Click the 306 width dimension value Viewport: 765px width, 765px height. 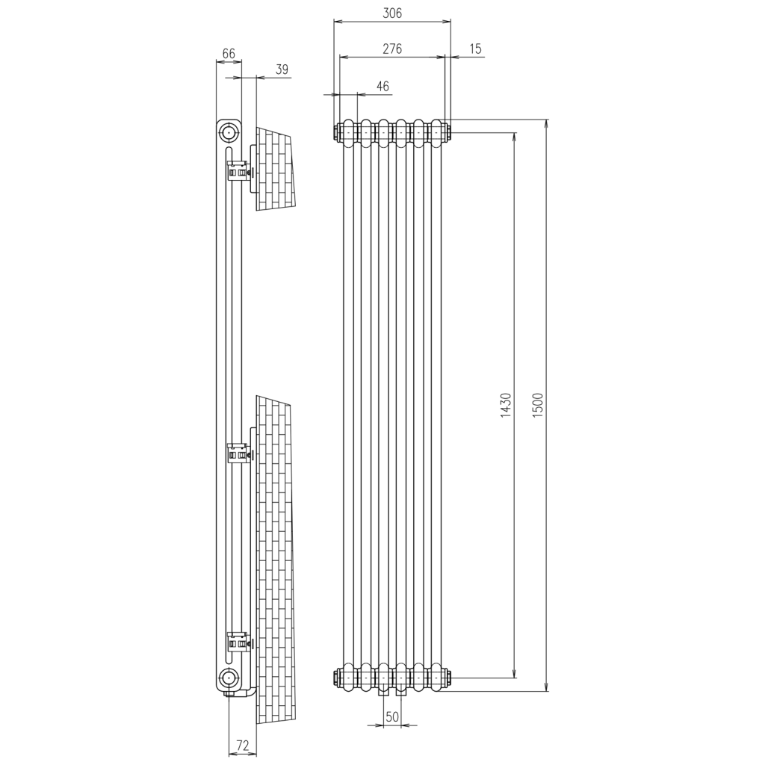coord(392,13)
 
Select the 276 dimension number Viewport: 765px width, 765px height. coord(392,49)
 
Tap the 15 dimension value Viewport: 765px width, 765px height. coord(476,49)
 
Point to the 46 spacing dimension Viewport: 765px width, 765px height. coord(383,87)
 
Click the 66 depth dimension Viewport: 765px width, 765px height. coord(229,53)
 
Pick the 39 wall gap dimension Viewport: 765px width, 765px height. coord(282,69)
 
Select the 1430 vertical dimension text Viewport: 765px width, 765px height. coord(506,405)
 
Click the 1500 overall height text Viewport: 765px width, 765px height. coord(538,405)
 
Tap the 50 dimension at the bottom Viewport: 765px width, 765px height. coord(392,717)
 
